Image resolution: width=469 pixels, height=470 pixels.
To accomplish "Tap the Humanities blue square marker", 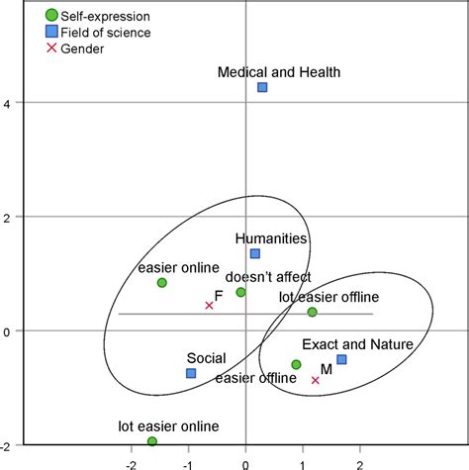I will [x=254, y=254].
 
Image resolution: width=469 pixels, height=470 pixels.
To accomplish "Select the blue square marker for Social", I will [x=191, y=373].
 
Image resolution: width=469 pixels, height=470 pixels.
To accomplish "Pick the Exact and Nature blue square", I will [x=341, y=359].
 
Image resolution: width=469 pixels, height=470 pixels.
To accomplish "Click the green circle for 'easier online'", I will [x=162, y=283].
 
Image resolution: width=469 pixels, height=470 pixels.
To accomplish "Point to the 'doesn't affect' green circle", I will [x=240, y=292].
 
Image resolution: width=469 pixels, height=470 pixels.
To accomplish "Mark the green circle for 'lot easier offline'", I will [x=312, y=312].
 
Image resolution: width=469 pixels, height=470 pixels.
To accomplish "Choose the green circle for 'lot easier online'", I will [x=152, y=441].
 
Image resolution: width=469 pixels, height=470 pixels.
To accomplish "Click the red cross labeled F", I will [x=209, y=305].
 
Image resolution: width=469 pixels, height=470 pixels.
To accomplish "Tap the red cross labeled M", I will [x=316, y=380].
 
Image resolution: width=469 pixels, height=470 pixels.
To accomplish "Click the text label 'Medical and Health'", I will [x=279, y=71].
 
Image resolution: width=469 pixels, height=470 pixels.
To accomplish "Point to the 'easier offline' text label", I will [x=249, y=376].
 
